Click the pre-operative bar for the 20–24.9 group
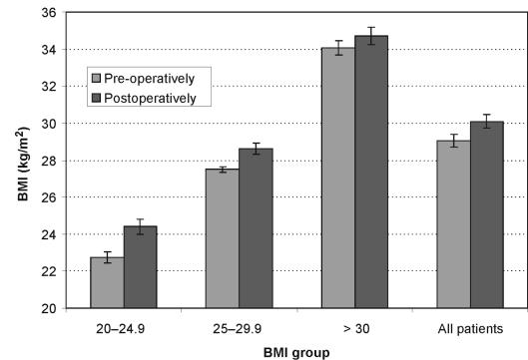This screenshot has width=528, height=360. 107,283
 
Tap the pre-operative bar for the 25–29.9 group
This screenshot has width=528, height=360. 223,239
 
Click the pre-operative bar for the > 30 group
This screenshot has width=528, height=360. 338,179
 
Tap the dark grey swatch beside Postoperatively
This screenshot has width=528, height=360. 97,98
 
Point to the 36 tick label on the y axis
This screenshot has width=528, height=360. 45,13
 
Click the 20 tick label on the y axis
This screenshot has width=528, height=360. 45,308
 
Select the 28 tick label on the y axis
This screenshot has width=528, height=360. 45,161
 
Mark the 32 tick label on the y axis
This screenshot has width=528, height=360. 45,87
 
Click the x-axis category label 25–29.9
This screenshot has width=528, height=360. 239,327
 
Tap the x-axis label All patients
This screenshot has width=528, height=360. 470,327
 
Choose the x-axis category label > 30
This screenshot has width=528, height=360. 354,327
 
